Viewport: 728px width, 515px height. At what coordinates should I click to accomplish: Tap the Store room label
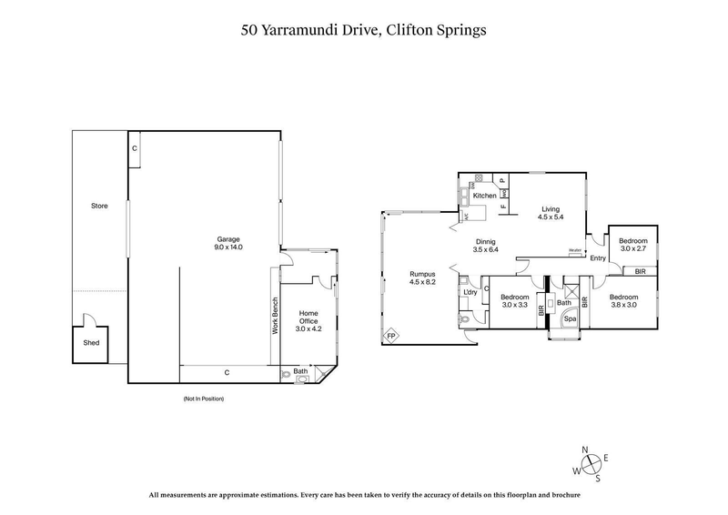point(99,207)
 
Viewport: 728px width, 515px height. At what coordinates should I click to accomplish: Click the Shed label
point(91,343)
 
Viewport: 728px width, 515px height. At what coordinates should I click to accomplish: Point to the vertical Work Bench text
point(275,318)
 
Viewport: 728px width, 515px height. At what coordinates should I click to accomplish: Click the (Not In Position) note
point(203,399)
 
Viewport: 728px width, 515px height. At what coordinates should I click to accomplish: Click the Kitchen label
point(484,197)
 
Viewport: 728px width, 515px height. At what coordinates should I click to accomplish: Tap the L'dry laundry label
point(470,292)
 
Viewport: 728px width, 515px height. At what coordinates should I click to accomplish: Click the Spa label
point(570,319)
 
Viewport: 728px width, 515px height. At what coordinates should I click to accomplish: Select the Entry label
point(598,258)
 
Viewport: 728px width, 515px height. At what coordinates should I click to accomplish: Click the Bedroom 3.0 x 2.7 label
point(633,244)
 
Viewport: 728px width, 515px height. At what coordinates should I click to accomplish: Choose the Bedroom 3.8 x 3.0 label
point(624,302)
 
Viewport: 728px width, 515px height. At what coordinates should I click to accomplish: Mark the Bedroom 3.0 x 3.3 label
point(514,302)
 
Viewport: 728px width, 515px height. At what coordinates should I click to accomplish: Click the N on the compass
point(586,450)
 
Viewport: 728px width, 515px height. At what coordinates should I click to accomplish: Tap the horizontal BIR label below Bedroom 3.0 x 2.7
point(641,271)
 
